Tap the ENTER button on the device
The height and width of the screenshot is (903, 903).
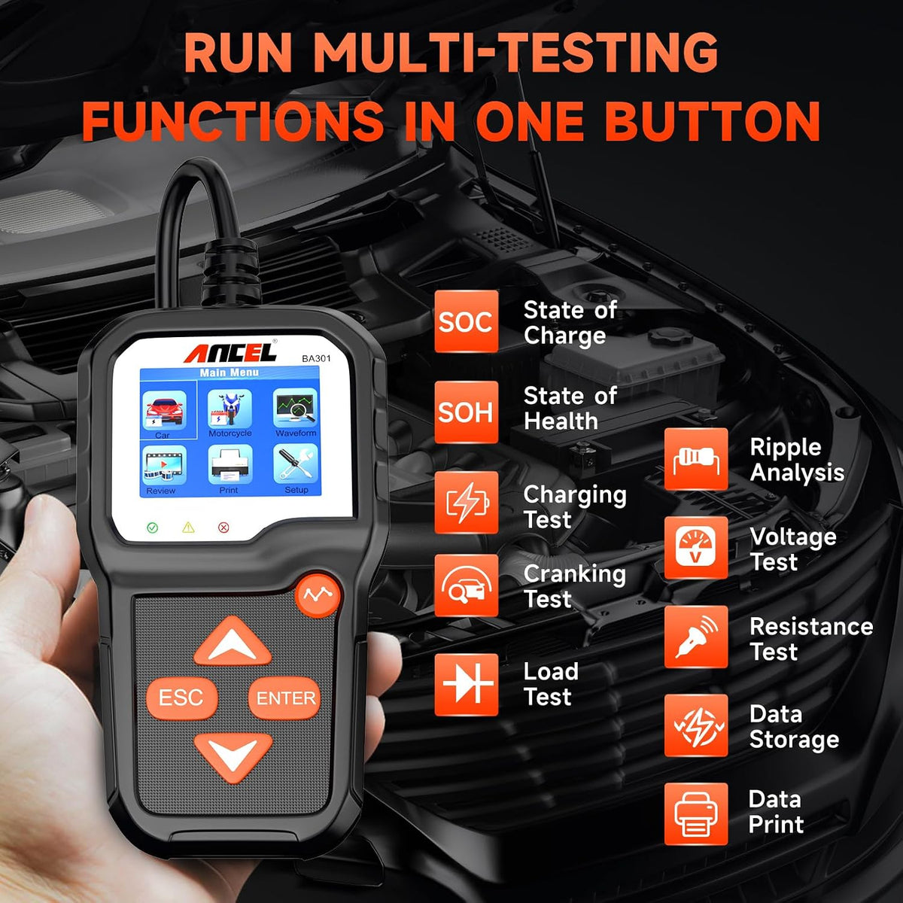click(284, 698)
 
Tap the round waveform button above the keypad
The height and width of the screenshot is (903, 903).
click(318, 595)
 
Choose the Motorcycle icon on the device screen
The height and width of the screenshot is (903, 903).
click(230, 409)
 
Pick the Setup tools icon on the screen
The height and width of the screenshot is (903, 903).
click(296, 464)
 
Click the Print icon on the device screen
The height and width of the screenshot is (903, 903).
click(230, 464)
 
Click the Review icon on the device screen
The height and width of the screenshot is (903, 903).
click(166, 464)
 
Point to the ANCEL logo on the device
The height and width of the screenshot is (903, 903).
click(230, 352)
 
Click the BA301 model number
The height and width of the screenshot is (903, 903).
click(316, 358)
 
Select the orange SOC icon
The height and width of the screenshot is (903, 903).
click(467, 321)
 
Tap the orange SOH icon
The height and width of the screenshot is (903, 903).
click(467, 412)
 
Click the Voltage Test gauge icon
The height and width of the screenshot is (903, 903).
click(696, 548)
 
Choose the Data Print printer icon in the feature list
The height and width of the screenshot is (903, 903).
click(696, 814)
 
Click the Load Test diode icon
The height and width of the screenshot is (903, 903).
click(467, 685)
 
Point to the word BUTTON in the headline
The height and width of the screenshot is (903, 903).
click(713, 120)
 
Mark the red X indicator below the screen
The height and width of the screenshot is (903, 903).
click(223, 528)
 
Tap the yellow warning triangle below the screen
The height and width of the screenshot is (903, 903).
click(188, 528)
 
